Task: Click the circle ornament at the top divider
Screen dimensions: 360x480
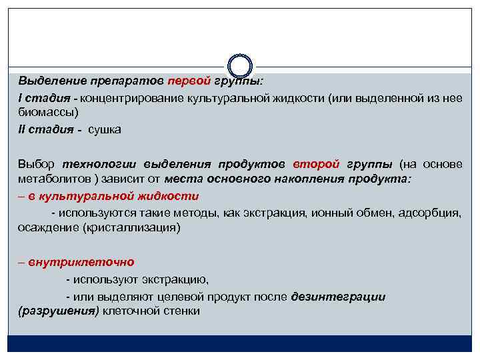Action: coord(240,66)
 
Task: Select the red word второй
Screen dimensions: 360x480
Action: coord(317,164)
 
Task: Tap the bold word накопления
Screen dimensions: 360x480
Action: coord(313,180)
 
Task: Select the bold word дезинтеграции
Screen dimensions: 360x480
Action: coord(338,296)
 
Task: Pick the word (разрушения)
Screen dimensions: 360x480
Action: coord(58,311)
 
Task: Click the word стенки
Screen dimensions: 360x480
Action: coord(183,311)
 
